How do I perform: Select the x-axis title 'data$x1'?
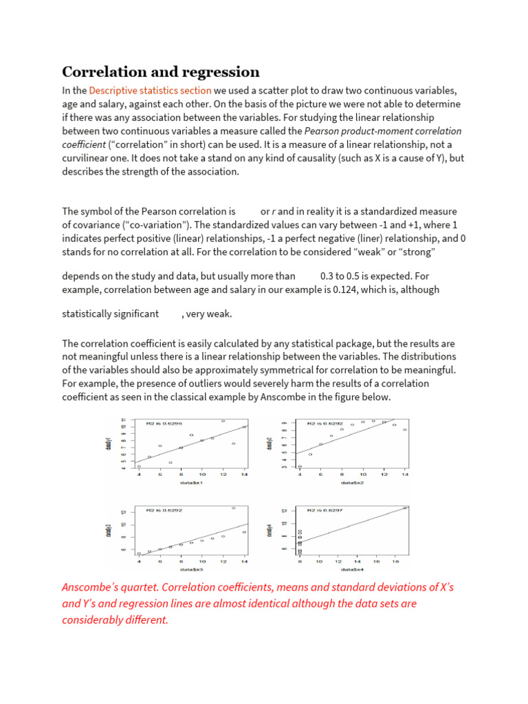[x=192, y=483]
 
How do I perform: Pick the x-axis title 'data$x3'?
[x=192, y=569]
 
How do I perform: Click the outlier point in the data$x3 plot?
[x=234, y=508]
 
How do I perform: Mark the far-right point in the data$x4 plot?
[x=406, y=508]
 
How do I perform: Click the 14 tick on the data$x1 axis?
[x=244, y=474]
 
